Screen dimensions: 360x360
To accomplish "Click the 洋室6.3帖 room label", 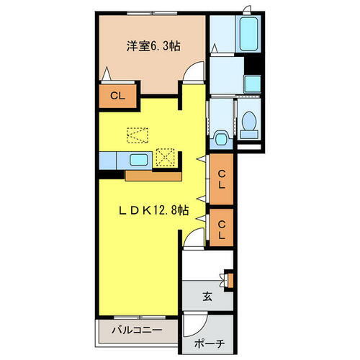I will coord(153,45).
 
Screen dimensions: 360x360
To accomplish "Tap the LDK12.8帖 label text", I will coord(153,210).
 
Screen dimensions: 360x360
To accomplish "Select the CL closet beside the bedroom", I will coord(116,95).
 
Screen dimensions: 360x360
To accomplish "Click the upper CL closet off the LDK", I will coord(222,177).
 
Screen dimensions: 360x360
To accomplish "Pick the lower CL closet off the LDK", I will coord(222,228).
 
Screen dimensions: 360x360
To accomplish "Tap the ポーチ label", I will coord(207,343).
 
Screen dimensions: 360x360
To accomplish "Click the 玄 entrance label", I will coord(207,294).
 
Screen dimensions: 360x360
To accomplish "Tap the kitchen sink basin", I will coord(139,159).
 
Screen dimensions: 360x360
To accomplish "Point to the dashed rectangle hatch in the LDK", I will coord(138,134).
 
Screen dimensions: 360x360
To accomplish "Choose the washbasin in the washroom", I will coord(250,84).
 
